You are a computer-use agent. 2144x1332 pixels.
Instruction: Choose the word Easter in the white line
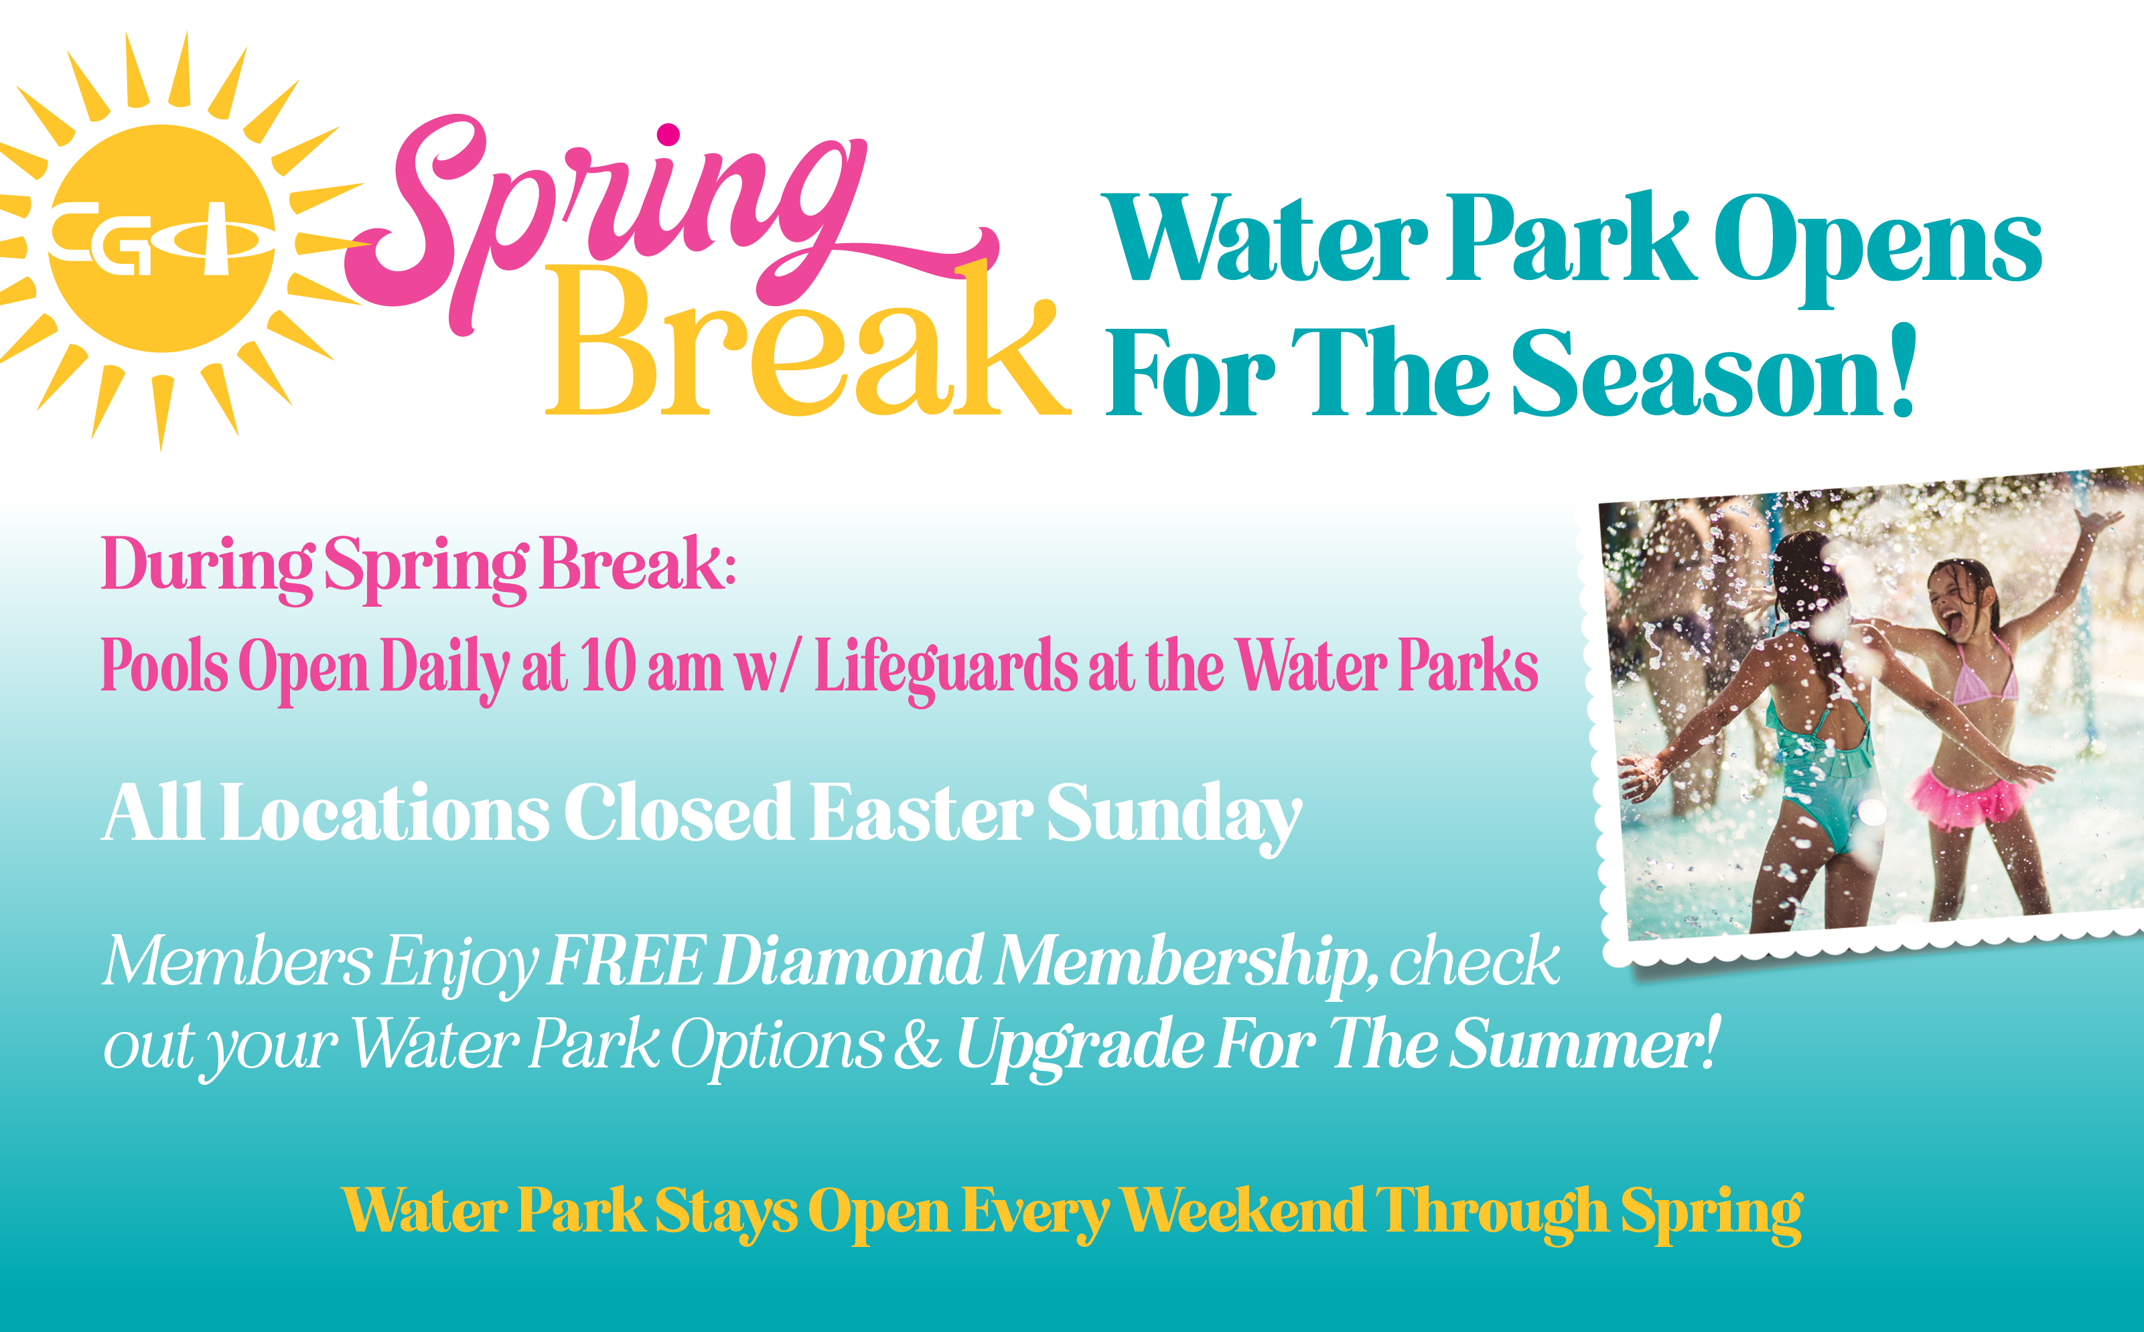(920, 812)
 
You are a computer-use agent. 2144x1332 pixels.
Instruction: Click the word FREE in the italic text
(626, 960)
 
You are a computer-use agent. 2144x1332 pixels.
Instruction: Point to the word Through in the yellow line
(1493, 1214)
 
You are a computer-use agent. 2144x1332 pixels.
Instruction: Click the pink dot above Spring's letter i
(668, 135)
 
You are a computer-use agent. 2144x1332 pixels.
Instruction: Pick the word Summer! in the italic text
(1585, 1043)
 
